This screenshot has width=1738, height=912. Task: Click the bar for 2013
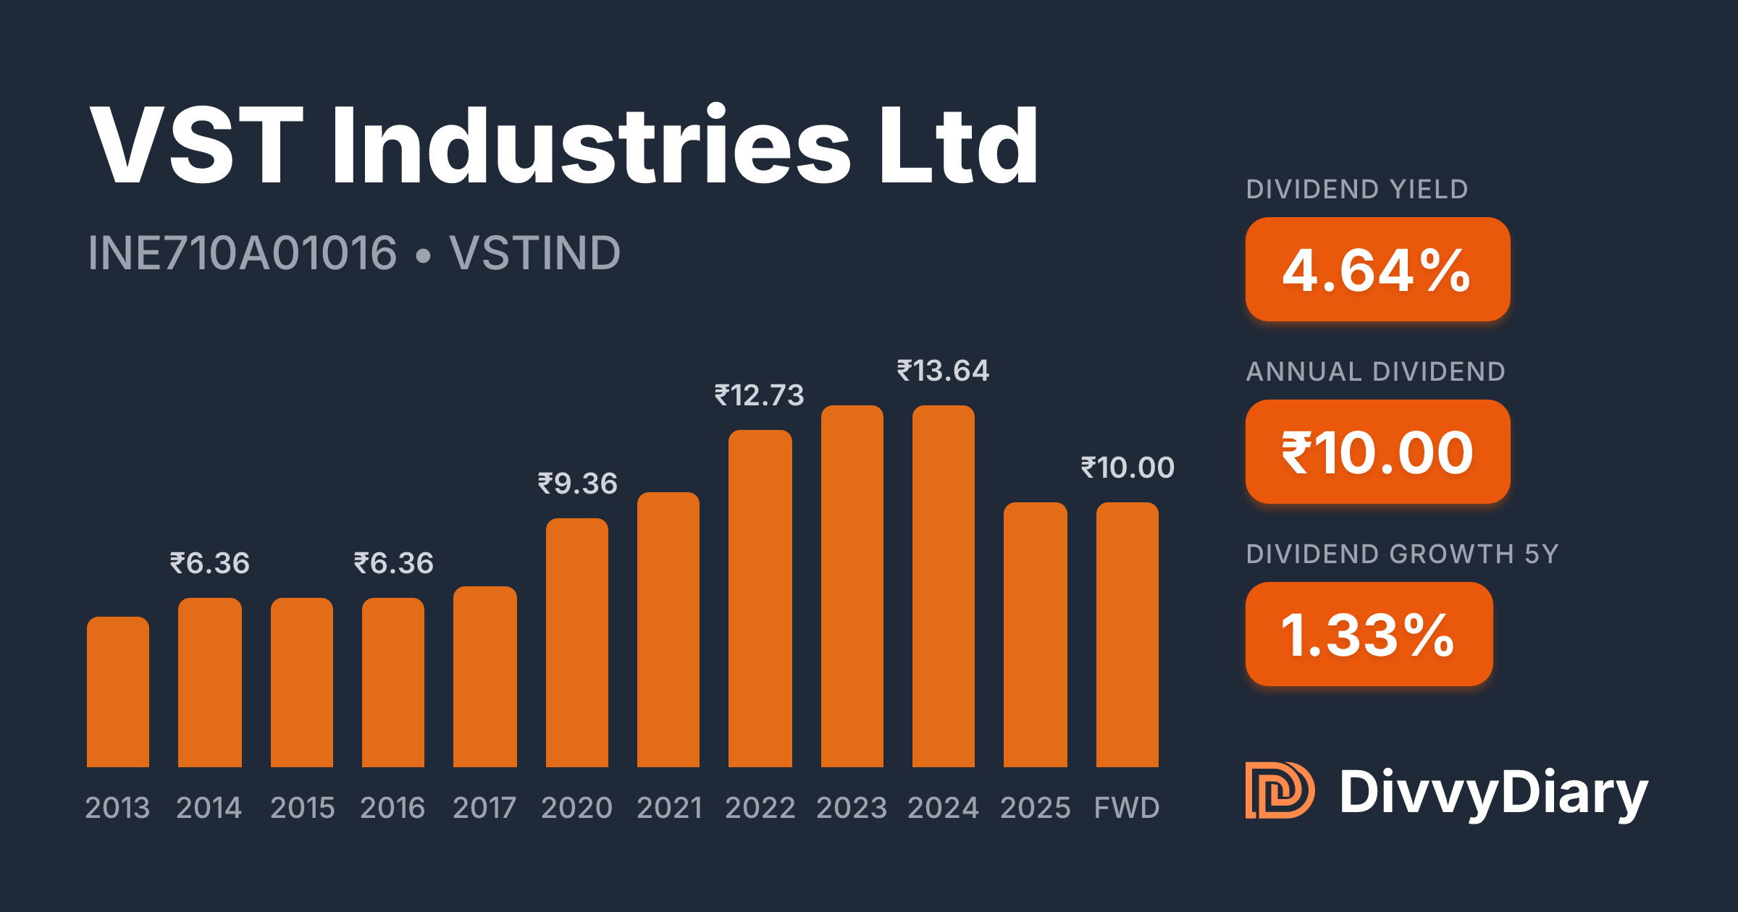point(118,692)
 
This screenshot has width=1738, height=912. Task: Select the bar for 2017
point(485,677)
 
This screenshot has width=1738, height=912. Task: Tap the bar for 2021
point(668,630)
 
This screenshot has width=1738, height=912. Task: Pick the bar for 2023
point(852,586)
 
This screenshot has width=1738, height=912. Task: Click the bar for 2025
point(1036,635)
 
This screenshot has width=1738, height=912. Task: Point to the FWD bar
point(1128,635)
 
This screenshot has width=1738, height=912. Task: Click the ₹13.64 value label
point(943,371)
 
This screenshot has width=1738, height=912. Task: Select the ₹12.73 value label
point(759,395)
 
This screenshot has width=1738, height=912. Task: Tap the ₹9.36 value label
point(577,484)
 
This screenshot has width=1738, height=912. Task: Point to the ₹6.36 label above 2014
point(209,563)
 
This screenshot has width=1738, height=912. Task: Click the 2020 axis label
point(576,808)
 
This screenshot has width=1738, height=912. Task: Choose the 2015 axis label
point(302,808)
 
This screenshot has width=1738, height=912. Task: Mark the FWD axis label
point(1127,808)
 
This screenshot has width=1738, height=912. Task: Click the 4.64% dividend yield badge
point(1377,270)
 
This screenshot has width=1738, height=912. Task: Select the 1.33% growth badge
point(1369,635)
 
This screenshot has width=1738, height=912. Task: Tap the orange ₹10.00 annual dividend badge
point(1377,452)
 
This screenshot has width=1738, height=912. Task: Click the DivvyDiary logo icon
point(1279,790)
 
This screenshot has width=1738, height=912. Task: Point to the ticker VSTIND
point(534,253)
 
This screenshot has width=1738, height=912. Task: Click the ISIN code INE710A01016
point(243,253)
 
